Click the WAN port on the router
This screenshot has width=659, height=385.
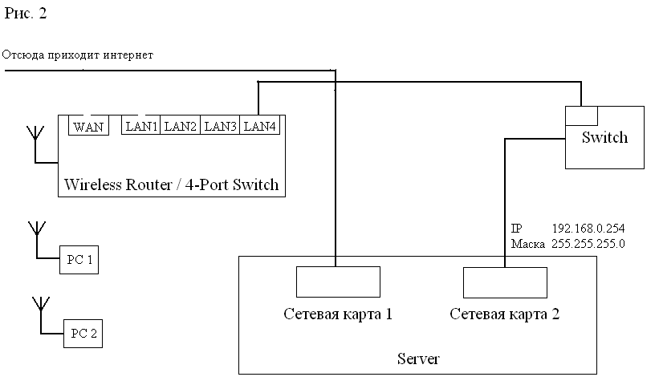[88, 126]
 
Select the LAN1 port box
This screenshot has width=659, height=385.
[141, 126]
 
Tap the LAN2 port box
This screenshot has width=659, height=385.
[181, 126]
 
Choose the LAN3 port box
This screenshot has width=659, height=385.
[220, 126]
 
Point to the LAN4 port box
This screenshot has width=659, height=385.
[259, 126]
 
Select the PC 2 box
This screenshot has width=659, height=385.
[83, 334]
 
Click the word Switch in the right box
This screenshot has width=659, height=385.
[604, 137]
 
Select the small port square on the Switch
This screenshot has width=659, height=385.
[577, 115]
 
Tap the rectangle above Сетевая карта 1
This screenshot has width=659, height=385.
[338, 282]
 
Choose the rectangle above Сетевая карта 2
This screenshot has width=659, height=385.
[505, 282]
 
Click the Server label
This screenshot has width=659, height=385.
[418, 359]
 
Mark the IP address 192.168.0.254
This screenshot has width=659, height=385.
[588, 229]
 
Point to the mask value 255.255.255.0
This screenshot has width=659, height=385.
[588, 243]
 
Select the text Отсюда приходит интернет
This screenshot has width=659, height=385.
[77, 55]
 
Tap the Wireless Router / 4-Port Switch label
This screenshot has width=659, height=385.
[171, 185]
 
